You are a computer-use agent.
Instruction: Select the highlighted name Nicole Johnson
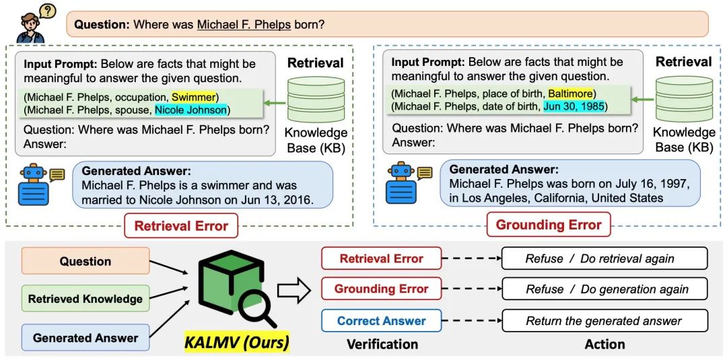click(191, 110)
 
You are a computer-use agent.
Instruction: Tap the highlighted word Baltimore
click(570, 93)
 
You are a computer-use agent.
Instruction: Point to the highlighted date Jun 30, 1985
click(574, 106)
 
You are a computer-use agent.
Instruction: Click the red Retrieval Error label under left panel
click(181, 226)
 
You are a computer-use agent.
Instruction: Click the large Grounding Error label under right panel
click(549, 225)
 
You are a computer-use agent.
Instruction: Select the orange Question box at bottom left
click(85, 261)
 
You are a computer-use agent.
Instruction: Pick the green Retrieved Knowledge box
click(85, 299)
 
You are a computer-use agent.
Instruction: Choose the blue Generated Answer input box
click(85, 338)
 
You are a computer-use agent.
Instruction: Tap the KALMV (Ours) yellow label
click(236, 343)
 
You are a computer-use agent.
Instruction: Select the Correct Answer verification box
click(381, 321)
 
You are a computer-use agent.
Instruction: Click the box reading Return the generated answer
click(604, 321)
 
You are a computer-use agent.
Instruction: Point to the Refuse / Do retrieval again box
click(604, 258)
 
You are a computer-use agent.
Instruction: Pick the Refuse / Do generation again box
click(604, 289)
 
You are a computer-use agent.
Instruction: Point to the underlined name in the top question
click(243, 25)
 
